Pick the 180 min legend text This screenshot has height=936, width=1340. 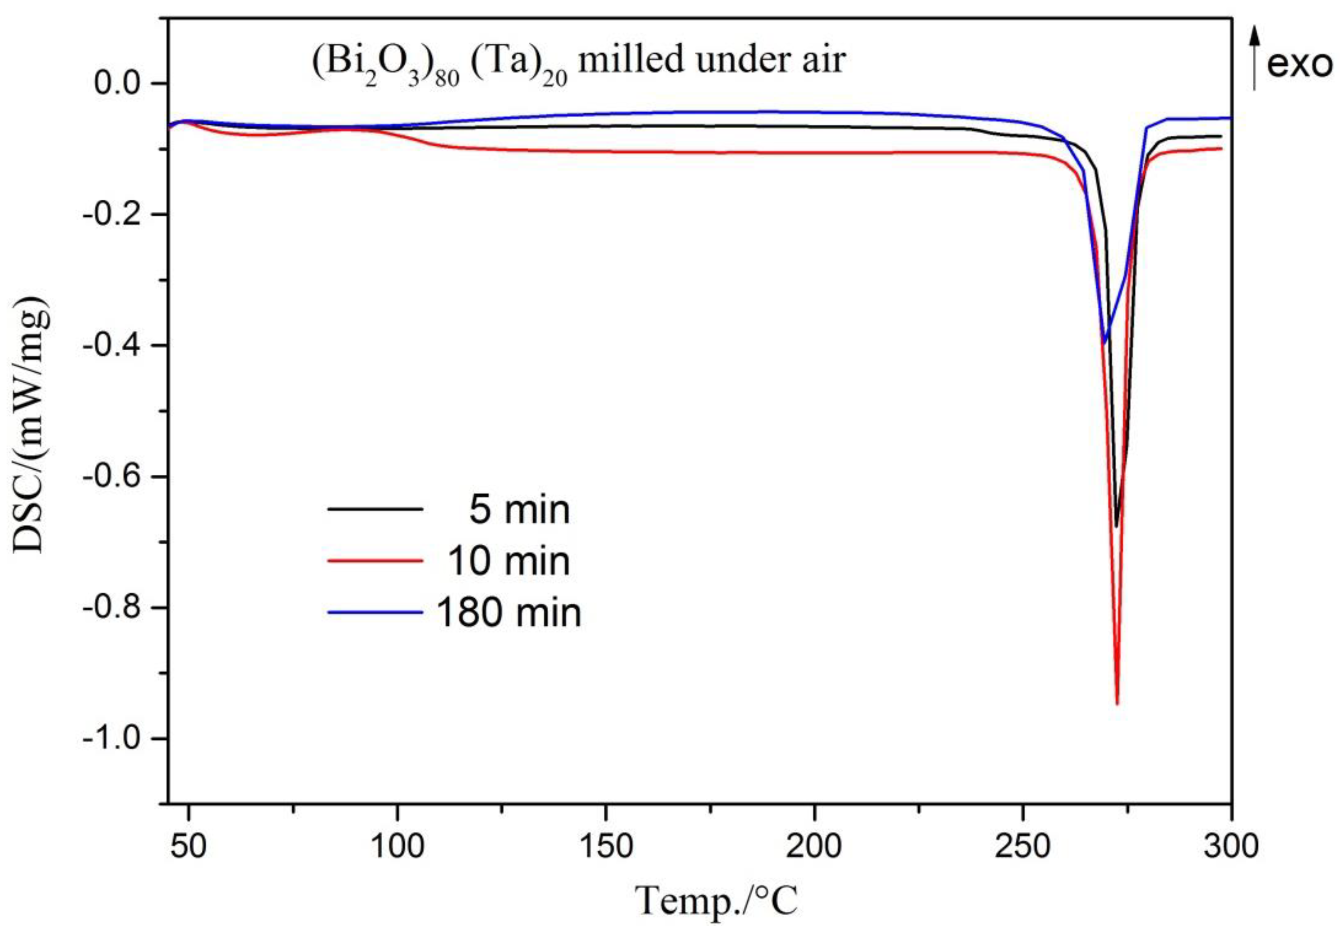[x=509, y=613]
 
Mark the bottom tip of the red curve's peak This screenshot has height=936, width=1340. [x=1117, y=704]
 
